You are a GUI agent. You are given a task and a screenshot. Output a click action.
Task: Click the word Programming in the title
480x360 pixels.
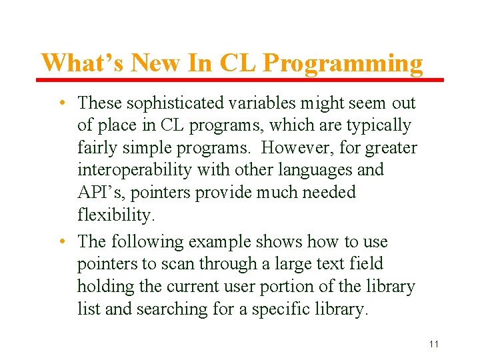tap(343, 64)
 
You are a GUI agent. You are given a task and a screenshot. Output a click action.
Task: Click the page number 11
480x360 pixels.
tap(434, 344)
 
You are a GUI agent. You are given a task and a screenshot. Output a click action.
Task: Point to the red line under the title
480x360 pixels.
tap(240, 80)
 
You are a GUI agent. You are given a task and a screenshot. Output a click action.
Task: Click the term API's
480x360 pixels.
tap(99, 193)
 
